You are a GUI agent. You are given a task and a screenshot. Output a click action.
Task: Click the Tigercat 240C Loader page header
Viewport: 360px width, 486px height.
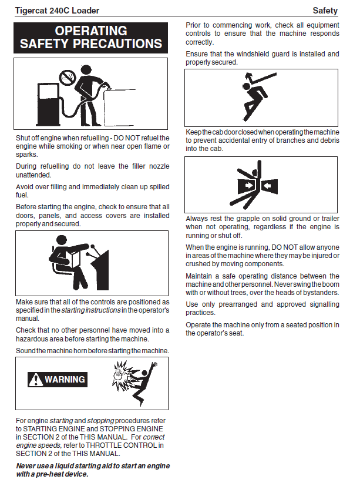(57, 10)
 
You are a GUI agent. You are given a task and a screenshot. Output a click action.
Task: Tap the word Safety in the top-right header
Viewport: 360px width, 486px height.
(325, 10)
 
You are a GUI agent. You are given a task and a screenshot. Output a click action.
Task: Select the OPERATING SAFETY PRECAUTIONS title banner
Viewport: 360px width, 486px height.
(91, 37)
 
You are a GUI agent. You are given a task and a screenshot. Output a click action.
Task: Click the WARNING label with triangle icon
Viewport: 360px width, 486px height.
(57, 380)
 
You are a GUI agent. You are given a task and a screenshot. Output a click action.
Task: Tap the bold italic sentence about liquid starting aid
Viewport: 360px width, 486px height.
(92, 470)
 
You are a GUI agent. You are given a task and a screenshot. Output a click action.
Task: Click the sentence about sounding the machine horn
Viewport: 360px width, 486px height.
(92, 351)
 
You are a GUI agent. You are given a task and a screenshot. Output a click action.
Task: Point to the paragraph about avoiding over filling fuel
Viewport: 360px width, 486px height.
(92, 191)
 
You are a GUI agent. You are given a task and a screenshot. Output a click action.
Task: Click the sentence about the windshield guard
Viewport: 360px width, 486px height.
(262, 58)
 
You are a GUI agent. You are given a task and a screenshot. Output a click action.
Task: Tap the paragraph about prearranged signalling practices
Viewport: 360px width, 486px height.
(262, 309)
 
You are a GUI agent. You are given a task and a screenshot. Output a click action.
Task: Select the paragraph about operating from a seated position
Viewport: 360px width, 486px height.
(262, 329)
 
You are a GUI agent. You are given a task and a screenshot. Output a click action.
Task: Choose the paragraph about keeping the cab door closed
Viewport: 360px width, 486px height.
(262, 140)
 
